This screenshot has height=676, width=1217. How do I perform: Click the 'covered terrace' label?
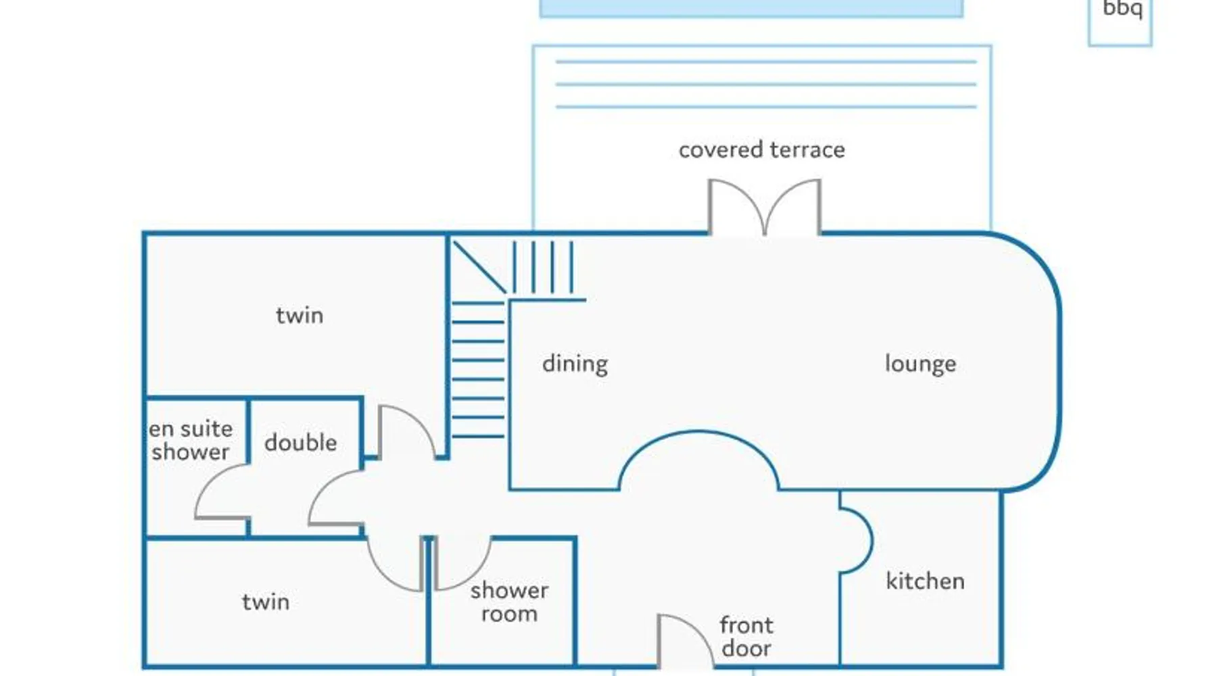tap(761, 149)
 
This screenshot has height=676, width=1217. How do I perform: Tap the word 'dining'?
tap(575, 364)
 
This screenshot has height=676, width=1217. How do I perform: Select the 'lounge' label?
tap(920, 364)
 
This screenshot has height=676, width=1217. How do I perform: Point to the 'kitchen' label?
tap(925, 581)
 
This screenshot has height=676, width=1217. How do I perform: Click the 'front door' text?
tap(746, 636)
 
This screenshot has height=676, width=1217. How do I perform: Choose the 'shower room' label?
tap(509, 602)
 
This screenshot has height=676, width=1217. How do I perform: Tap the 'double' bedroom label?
tap(300, 443)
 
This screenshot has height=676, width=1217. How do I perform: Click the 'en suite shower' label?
tap(191, 440)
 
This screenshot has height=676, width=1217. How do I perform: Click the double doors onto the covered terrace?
tap(765, 206)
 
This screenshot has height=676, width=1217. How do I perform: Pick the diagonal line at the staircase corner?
tap(479, 267)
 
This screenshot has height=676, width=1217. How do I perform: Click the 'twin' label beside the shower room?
tap(266, 602)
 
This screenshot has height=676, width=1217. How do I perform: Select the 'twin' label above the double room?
tap(300, 316)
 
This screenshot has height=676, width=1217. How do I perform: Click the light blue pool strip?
tap(750, 7)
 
